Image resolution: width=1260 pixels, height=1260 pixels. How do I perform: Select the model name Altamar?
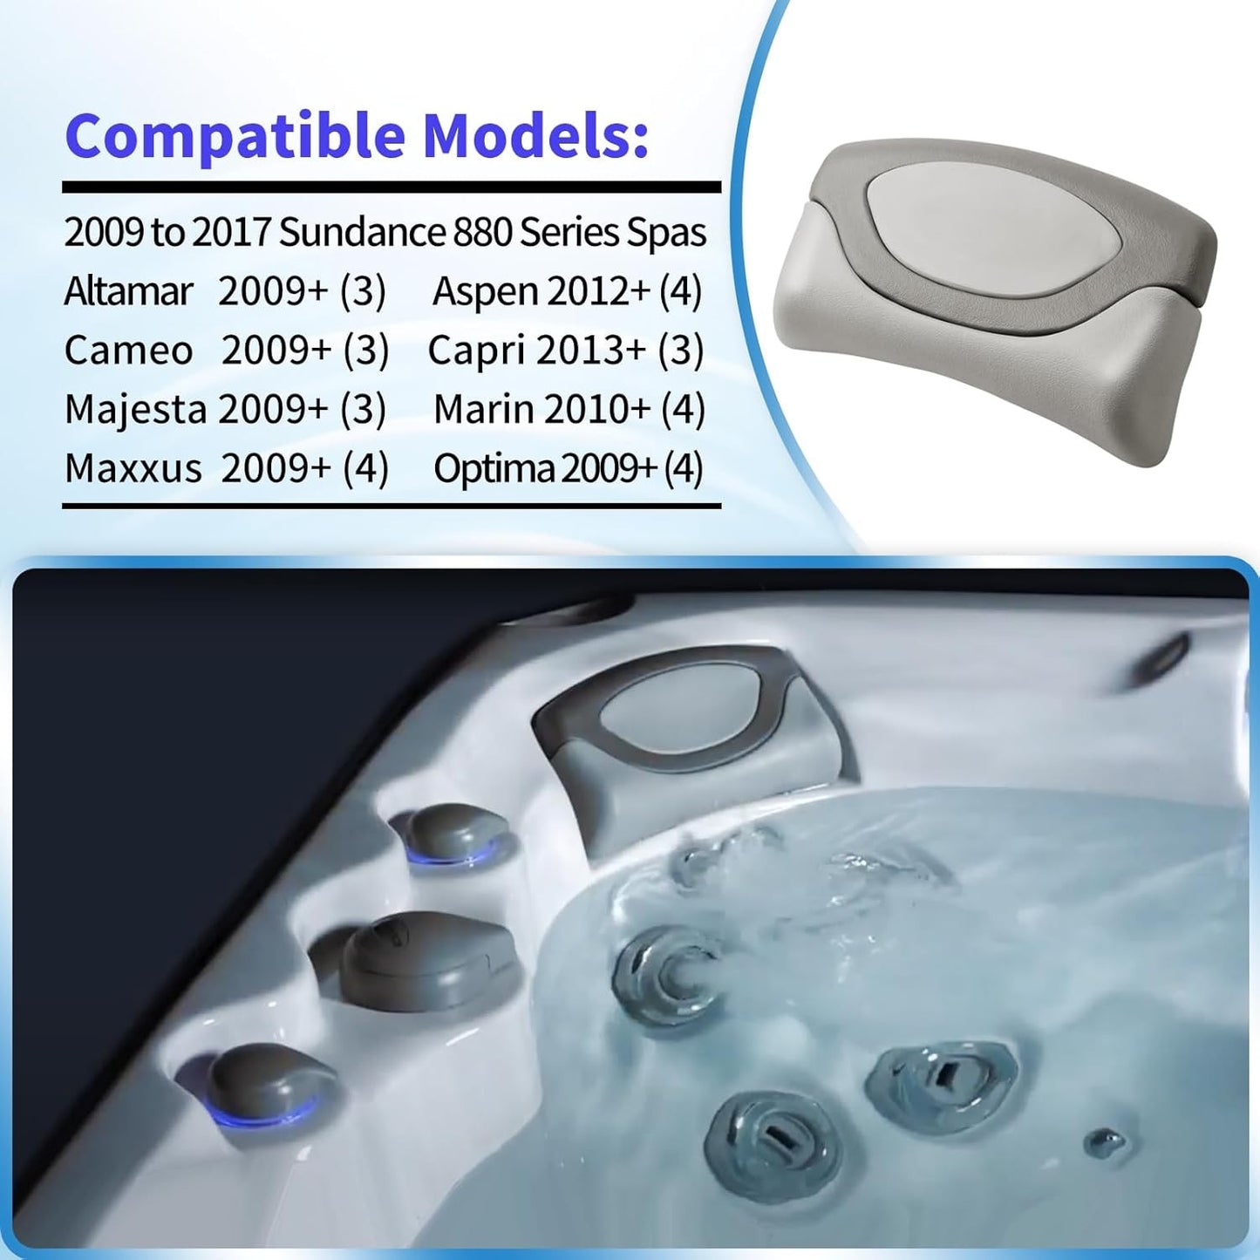coord(127,291)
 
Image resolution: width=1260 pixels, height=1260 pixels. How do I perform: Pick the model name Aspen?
coord(486,292)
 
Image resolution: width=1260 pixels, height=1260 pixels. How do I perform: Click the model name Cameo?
coord(128,351)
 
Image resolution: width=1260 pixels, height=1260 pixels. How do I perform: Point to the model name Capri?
coord(476,351)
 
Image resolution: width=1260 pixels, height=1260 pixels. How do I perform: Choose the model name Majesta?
coord(135,410)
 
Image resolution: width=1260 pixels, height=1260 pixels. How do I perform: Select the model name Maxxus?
coord(133,469)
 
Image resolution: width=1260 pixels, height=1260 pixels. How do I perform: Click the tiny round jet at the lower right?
coord(1105,1141)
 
